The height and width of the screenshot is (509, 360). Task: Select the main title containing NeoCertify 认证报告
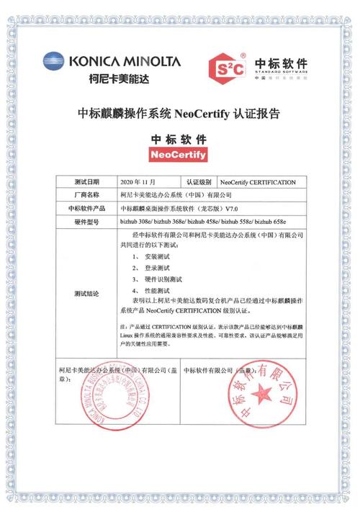(179, 113)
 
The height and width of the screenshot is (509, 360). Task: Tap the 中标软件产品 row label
(86, 208)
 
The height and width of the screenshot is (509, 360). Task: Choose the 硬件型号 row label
(86, 222)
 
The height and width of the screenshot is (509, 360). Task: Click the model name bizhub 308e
(135, 222)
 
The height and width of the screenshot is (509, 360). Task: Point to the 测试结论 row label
(86, 294)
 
